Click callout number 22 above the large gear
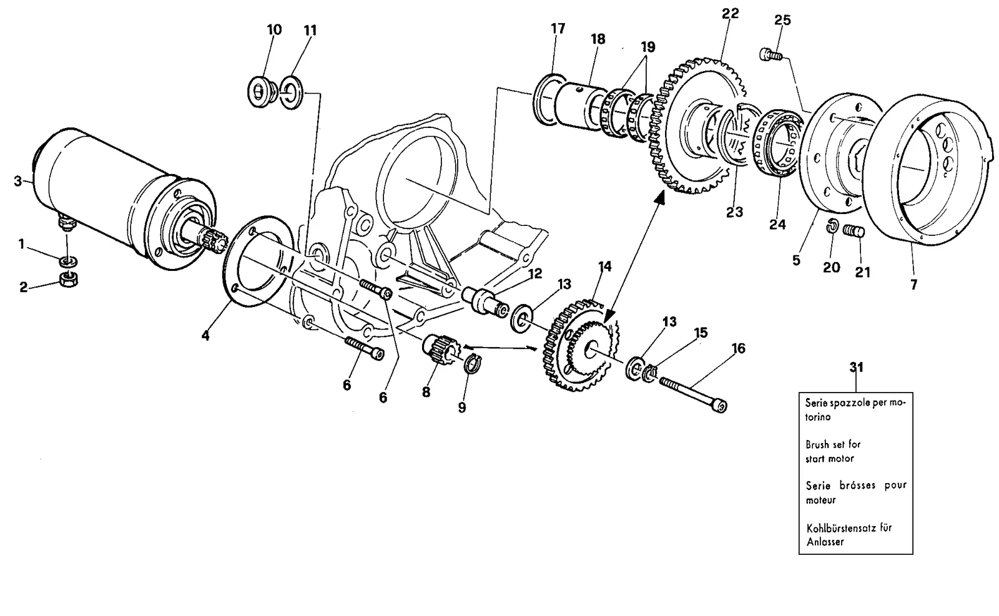point(731,14)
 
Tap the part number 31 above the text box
point(856,367)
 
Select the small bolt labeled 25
point(770,56)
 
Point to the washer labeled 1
point(68,261)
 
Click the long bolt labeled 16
point(693,394)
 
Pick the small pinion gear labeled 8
point(438,350)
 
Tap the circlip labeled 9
point(473,364)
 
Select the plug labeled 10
point(260,92)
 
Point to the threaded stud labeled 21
point(854,232)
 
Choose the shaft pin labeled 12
point(485,303)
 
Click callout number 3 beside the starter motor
point(18,182)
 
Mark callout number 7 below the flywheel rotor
point(914,285)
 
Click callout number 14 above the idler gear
point(604,267)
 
